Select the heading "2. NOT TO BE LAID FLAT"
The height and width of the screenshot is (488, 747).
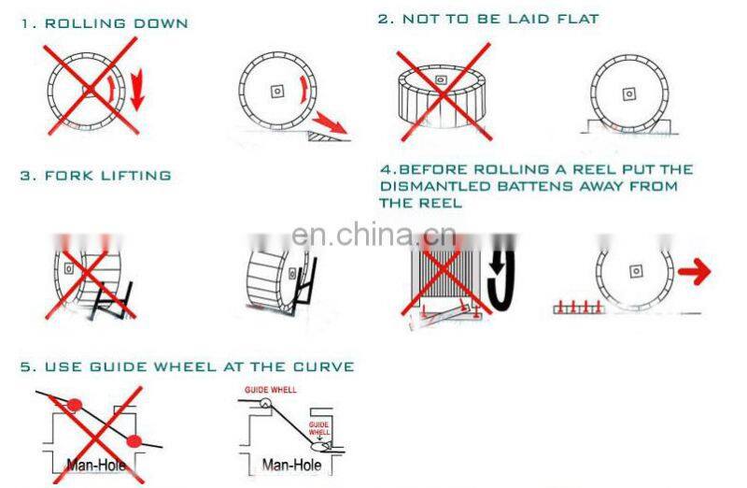[487, 19]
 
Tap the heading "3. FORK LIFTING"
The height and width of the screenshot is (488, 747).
[96, 175]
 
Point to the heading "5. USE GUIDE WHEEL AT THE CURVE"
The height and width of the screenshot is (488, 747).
[187, 366]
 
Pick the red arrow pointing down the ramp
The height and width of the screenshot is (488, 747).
[331, 121]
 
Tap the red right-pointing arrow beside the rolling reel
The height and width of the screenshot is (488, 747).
[693, 273]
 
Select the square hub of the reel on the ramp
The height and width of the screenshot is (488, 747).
[276, 91]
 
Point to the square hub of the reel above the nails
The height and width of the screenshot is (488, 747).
[636, 270]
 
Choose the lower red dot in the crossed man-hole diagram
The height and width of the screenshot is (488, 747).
[134, 440]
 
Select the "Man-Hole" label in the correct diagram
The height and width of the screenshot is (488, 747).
[291, 465]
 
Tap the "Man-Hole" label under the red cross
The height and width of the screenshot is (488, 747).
[96, 465]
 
